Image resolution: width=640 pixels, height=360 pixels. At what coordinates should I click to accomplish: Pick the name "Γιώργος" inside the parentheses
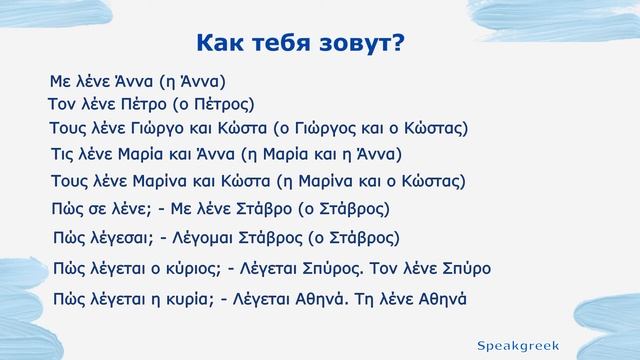pos(320,129)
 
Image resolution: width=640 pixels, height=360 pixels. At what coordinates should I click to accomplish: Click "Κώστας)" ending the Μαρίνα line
pos(432,181)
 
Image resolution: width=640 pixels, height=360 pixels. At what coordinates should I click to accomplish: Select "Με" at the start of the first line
pos(61,79)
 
